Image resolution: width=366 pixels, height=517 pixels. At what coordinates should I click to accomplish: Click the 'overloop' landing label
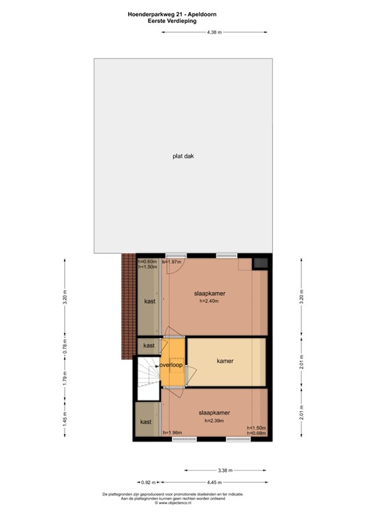171,365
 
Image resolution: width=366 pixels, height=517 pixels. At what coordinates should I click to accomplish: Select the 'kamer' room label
225,361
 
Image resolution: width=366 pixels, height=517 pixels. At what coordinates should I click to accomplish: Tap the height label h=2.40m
210,301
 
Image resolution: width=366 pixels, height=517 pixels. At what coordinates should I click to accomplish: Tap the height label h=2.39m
214,421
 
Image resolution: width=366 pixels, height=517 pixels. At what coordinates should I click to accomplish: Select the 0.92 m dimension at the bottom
148,481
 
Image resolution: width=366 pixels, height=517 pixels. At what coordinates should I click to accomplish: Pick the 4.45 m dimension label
216,481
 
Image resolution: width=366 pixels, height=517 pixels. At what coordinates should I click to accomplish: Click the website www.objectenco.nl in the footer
182,502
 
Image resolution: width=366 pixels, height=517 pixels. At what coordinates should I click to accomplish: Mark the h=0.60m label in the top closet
147,261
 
